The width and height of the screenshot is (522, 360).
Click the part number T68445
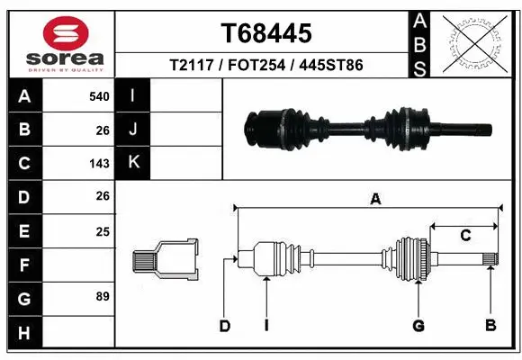(x=266, y=33)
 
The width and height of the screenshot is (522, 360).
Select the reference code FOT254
(x=266, y=65)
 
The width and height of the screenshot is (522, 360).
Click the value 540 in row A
(x=99, y=96)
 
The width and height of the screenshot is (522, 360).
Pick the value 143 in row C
(x=99, y=164)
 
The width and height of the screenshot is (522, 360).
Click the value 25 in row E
(x=102, y=231)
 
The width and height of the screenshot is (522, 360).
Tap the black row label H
(x=24, y=332)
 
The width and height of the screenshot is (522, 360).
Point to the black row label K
(x=132, y=163)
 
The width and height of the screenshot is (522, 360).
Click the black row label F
(x=24, y=265)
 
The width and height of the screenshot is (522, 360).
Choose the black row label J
(x=132, y=130)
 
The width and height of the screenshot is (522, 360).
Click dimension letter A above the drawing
(x=374, y=200)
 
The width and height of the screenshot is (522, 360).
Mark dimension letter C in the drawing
(x=465, y=237)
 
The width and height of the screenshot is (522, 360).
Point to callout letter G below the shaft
(x=418, y=324)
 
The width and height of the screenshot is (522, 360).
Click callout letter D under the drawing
(x=226, y=324)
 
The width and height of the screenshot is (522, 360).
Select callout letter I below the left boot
(x=267, y=324)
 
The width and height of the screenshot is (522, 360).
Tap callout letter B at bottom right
(x=490, y=324)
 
